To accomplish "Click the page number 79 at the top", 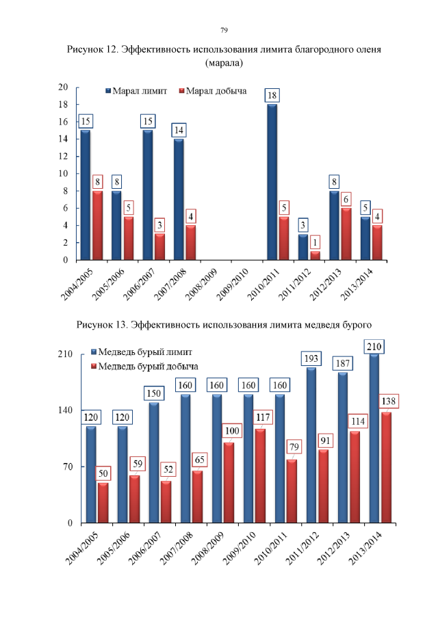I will pos(224,30).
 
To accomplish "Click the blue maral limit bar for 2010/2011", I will pos(272,182).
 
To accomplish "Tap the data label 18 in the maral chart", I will pos(272,95).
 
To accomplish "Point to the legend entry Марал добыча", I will pos(216,91).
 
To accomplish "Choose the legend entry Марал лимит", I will pos(139,91).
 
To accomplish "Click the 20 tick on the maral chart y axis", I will pos(63,87).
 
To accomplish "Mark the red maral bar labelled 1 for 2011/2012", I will pos(315,256).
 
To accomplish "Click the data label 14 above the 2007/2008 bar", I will pos(179,130).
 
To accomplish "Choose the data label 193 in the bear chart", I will pos(311,358).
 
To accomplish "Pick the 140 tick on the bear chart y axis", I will pos(65,410).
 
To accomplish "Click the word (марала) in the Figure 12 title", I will pos(224,63).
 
